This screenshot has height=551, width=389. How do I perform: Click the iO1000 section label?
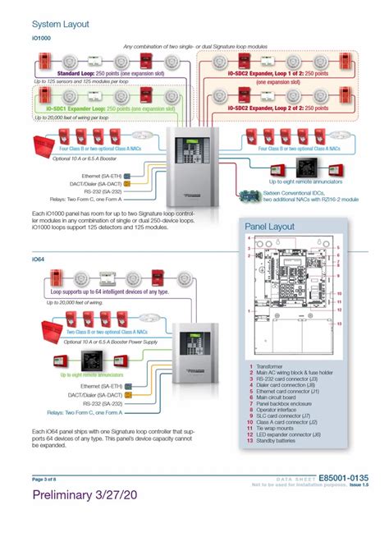tap(43, 39)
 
